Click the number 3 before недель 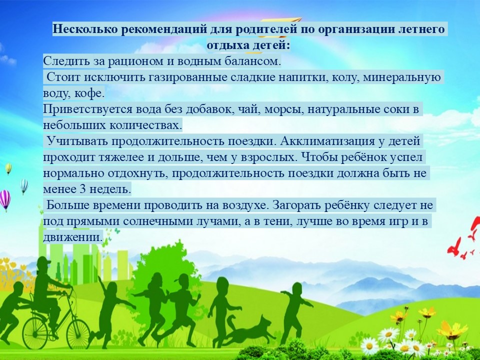click(82, 188)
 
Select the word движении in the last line click(72, 237)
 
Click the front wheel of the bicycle click(78, 333)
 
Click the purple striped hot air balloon click(4, 200)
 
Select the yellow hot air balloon click(8, 168)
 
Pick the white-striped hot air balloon click(23, 186)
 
